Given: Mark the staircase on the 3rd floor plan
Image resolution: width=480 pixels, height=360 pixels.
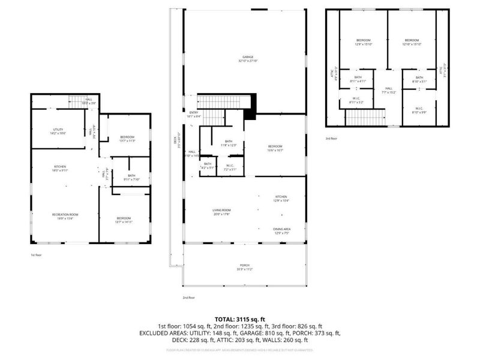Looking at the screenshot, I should (365, 117).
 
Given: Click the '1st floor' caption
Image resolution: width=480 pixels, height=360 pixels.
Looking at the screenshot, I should (37, 254).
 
